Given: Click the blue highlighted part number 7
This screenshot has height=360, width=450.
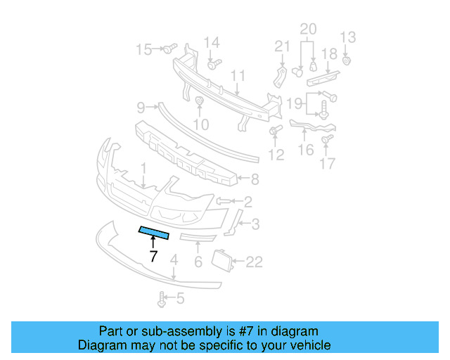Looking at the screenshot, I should coord(154,233).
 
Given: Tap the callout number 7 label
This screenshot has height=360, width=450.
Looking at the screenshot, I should coord(153,257).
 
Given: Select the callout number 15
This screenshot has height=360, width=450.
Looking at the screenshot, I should coord(143,49).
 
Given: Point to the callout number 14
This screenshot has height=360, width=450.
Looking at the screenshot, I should coord(212,42).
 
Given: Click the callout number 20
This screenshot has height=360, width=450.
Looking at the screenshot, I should coord(308,29).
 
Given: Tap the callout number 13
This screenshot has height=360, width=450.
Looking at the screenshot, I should coord(348,37).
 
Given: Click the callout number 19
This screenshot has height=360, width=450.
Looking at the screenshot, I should coord(295,104).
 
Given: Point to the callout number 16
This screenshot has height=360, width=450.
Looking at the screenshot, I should coord(306,150).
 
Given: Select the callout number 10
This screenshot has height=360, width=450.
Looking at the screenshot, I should coord(201,125).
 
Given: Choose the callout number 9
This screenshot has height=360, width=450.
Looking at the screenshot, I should coord(141,108).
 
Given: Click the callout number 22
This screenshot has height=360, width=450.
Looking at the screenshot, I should coord(253,262).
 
